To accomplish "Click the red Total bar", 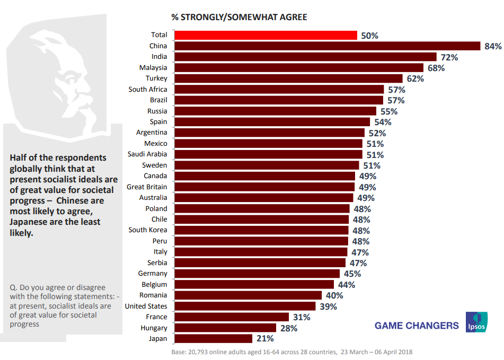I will [266, 35].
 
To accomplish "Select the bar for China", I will [327, 46].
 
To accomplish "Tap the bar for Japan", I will [214, 338].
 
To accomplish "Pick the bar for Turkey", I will [289, 78].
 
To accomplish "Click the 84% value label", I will [492, 46].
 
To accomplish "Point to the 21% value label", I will [265, 338].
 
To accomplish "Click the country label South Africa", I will [147, 90].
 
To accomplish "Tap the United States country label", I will [146, 306].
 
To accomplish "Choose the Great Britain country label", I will [147, 187].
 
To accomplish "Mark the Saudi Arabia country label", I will [147, 154].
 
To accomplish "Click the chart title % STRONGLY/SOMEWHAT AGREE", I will [239, 17].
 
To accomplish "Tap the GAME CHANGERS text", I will [417, 326].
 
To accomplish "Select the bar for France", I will [232, 317].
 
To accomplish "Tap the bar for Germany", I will [258, 274].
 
